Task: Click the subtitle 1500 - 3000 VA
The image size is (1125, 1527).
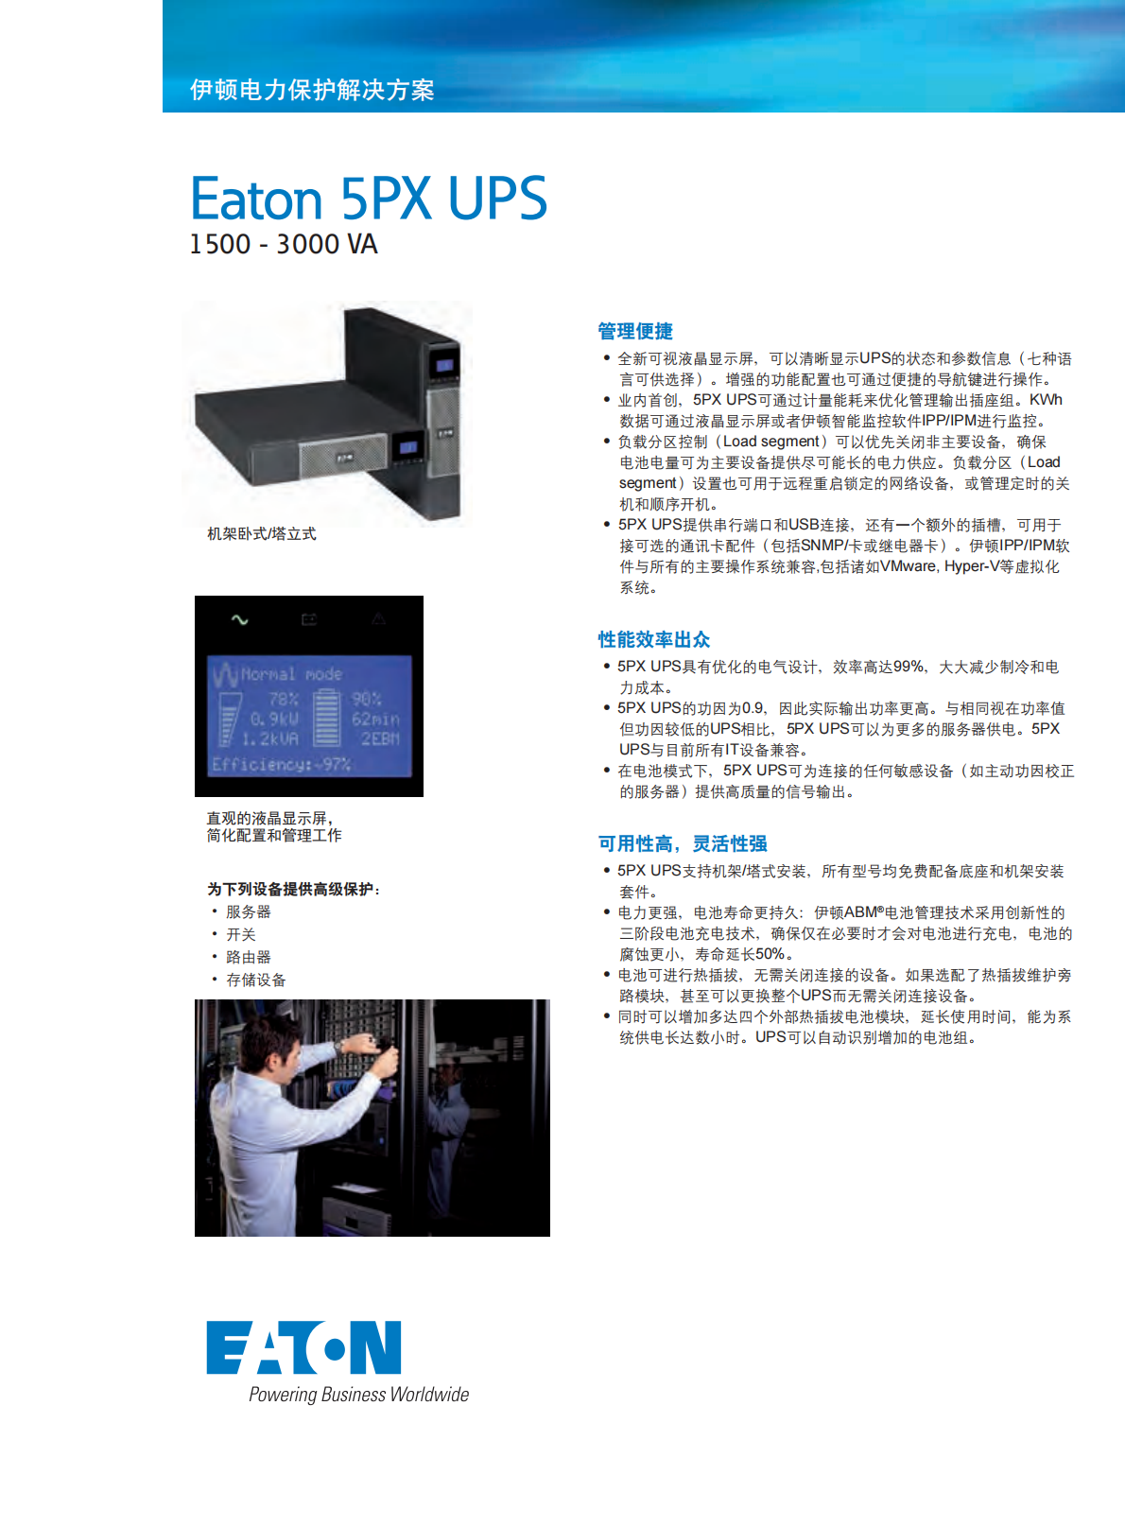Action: [x=283, y=244]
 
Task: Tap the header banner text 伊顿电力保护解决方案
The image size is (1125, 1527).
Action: [x=312, y=90]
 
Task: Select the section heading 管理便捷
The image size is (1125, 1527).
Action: [x=634, y=331]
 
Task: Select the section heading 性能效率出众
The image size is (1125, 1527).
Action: [x=653, y=639]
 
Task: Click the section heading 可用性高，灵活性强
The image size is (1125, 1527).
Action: [x=682, y=843]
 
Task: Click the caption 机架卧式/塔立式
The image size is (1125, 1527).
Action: [x=261, y=534]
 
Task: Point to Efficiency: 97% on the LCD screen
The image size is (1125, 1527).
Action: [x=281, y=764]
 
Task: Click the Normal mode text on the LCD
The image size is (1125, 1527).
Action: [x=291, y=674]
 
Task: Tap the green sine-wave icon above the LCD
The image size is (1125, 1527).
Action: [x=239, y=619]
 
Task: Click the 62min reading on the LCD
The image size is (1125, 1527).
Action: [x=375, y=719]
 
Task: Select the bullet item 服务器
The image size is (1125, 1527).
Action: [x=248, y=911]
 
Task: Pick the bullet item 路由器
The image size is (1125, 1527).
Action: [x=248, y=957]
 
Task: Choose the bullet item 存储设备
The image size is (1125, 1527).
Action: [x=255, y=980]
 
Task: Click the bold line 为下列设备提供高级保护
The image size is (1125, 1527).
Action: [x=292, y=889]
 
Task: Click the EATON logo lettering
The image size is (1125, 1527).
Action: [x=303, y=1347]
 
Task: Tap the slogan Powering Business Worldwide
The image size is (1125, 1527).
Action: [x=358, y=1395]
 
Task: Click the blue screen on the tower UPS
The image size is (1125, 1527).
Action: [x=444, y=365]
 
